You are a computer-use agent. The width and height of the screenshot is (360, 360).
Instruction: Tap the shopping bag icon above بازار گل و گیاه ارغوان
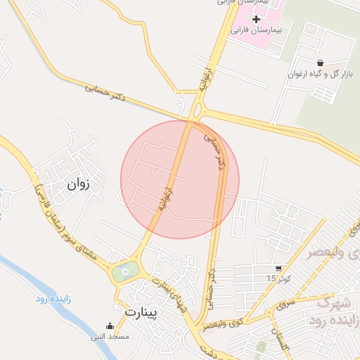point(321,63)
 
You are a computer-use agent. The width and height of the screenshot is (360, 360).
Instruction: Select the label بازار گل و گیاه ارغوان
point(320,73)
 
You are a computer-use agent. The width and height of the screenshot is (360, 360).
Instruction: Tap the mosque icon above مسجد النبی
point(110,326)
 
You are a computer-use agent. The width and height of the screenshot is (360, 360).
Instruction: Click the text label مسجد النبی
point(110,337)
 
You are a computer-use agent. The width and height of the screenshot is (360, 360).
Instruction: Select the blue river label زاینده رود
point(50,299)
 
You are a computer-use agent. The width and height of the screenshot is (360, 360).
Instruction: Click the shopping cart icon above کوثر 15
point(279,268)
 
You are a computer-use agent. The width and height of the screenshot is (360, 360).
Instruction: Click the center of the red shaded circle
point(180,179)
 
